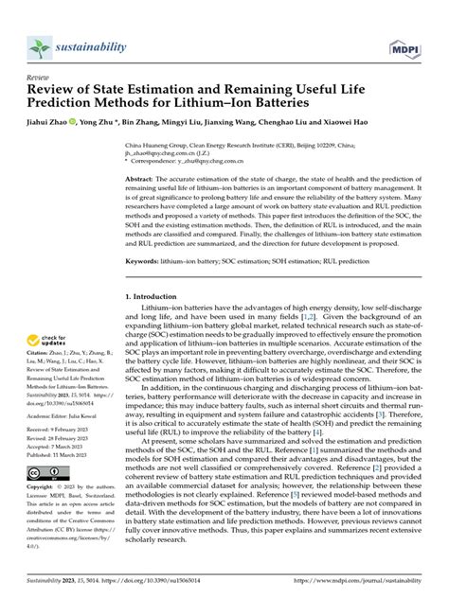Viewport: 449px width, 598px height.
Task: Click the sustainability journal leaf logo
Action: pyautogui.click(x=40, y=47)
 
